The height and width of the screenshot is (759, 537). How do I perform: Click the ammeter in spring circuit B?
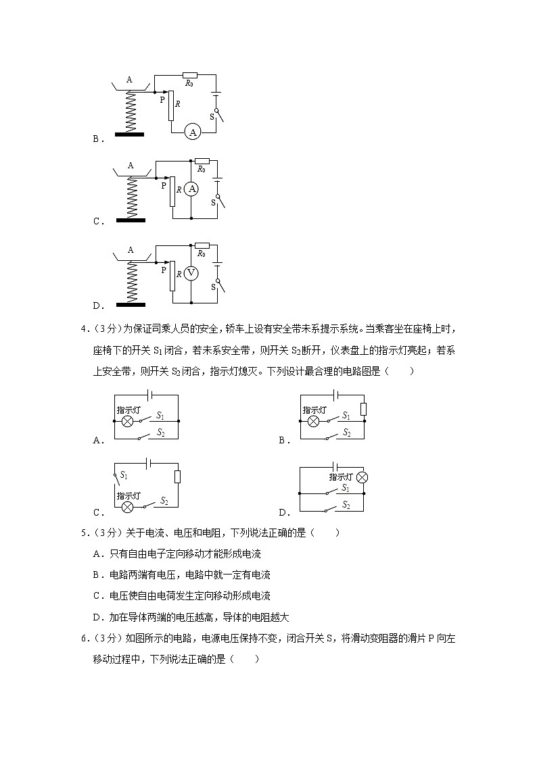[193, 133]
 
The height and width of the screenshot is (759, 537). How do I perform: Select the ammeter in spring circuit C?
[192, 189]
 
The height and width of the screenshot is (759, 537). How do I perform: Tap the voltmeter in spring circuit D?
[191, 272]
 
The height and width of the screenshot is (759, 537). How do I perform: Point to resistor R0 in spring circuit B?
[190, 74]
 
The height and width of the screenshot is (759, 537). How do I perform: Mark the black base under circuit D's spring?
[131, 304]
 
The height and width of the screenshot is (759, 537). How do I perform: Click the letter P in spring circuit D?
[162, 268]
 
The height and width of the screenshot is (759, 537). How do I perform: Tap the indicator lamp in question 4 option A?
[126, 421]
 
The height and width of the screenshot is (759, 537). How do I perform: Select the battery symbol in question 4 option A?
[149, 394]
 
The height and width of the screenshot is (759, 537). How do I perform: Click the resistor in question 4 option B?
[364, 409]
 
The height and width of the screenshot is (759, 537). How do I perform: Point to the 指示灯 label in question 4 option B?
[314, 410]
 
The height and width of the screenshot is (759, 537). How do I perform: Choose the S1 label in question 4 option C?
[124, 475]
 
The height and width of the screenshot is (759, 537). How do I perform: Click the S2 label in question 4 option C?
[163, 501]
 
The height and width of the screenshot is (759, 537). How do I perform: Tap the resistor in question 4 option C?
[177, 477]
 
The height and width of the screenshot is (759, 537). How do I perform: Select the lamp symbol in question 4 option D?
[363, 477]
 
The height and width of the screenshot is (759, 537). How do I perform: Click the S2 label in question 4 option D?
[346, 505]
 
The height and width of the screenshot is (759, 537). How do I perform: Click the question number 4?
[83, 329]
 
